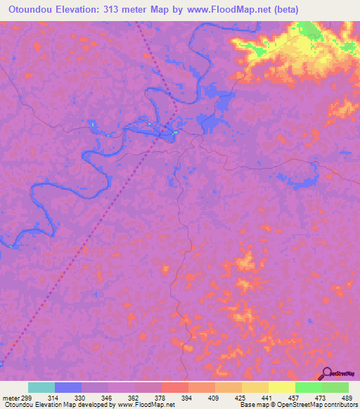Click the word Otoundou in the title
point(29,10)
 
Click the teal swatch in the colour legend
point(41,387)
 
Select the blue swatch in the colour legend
point(67,387)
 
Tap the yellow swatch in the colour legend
point(281,387)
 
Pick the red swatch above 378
point(174,387)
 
